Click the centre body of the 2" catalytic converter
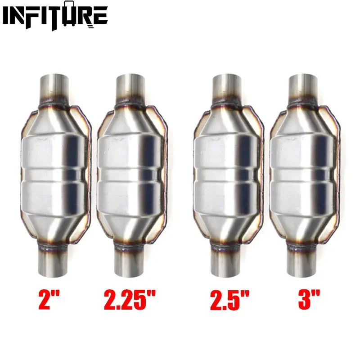point(54,173)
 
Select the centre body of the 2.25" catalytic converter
point(130,173)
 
